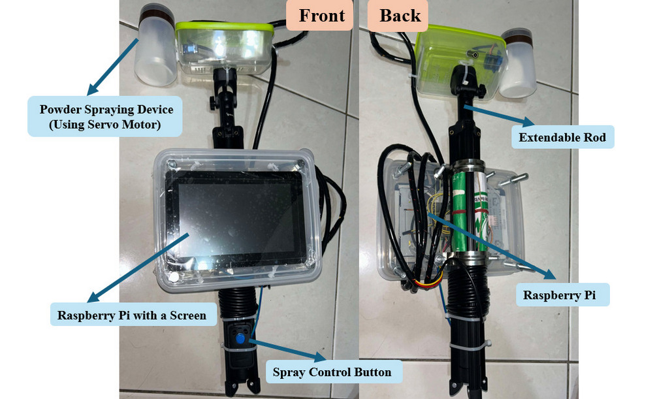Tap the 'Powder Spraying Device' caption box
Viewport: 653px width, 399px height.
105,117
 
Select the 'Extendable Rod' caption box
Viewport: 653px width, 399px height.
562,137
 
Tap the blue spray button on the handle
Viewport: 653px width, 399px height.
240,338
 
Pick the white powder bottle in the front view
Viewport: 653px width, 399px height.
156,45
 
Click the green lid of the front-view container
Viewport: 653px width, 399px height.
225,28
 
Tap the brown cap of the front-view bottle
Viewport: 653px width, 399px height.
157,17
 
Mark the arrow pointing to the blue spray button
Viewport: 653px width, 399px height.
287,350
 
